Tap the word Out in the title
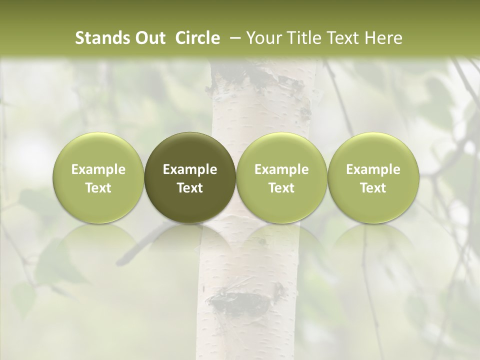tap(148, 38)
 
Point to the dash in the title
tap(233, 38)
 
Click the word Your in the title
tap(264, 38)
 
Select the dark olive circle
tap(190, 177)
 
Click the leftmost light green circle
tap(98, 177)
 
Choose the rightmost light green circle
tap(373, 177)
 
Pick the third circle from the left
tap(281, 177)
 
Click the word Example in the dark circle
tap(190, 169)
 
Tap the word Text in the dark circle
tap(190, 187)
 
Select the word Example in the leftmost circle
tap(98, 169)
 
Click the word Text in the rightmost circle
tap(373, 187)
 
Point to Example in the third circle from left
tap(281, 169)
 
